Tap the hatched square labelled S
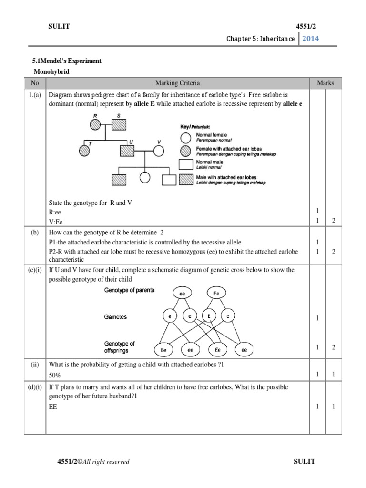pyautogui.click(x=119, y=125)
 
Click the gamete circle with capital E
pyautogui.click(x=208, y=316)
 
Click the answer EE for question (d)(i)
pyautogui.click(x=53, y=407)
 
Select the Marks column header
pyautogui.click(x=325, y=83)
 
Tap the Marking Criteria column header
pyautogui.click(x=177, y=83)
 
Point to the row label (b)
pyautogui.click(x=35, y=232)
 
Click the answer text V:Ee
pyautogui.click(x=56, y=222)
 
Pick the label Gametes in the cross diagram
pyautogui.click(x=116, y=317)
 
